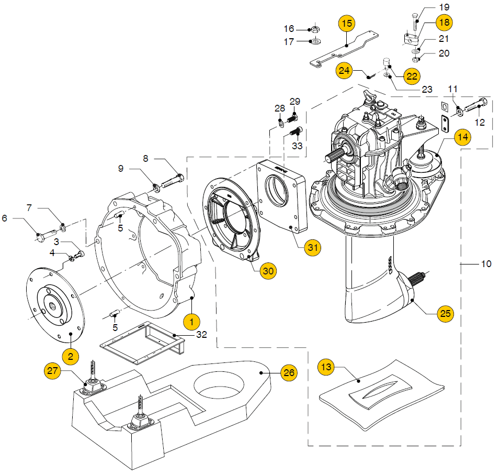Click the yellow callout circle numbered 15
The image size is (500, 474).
tap(347, 24)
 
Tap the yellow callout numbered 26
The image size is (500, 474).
tap(289, 373)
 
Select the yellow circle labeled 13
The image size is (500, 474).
tap(326, 367)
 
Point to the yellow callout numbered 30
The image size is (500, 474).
tap(268, 271)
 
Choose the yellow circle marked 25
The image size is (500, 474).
tap(446, 313)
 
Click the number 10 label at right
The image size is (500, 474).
tap(486, 264)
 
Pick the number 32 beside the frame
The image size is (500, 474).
tap(201, 335)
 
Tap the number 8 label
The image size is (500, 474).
tap(145, 158)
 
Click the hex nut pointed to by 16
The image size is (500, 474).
tap(315, 30)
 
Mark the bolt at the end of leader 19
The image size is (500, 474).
tap(415, 22)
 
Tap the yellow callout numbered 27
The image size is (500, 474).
tap(52, 371)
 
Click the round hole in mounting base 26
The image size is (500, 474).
tap(219, 384)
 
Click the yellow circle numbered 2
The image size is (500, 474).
tap(71, 356)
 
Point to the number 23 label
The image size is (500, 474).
tap(427, 90)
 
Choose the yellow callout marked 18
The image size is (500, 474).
tap(444, 23)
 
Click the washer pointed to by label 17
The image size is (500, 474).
tap(316, 41)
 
